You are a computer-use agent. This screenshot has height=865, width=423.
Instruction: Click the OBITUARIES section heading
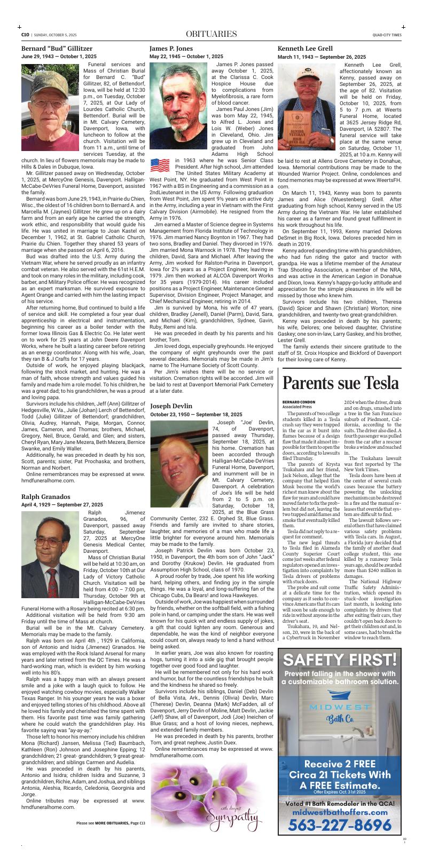(x=211, y=35)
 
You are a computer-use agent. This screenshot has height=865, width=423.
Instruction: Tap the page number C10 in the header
(x=25, y=35)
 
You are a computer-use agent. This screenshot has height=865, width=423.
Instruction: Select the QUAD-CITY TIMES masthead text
(x=387, y=35)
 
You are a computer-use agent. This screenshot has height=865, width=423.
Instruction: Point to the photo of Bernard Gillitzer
(x=50, y=107)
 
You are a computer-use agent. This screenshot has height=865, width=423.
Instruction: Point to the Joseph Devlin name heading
(x=171, y=406)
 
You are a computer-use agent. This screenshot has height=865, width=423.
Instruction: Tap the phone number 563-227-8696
(x=340, y=825)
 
